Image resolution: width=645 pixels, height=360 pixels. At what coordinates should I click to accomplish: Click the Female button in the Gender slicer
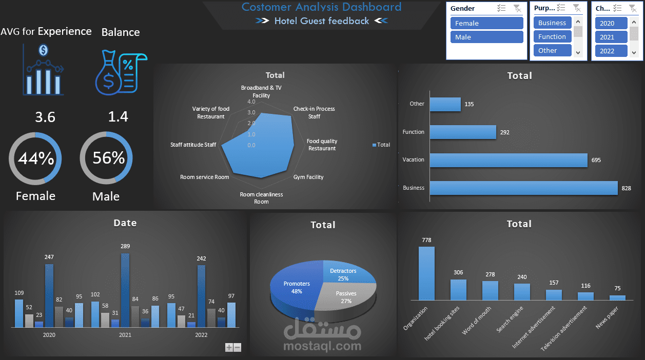[486, 23]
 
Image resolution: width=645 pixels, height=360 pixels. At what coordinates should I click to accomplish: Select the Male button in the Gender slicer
[486, 37]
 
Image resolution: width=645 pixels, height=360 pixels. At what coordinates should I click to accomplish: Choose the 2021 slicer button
[611, 37]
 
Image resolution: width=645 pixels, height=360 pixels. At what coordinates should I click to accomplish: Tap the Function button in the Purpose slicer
[552, 36]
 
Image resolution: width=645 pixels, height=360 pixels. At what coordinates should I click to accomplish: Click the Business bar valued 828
[523, 188]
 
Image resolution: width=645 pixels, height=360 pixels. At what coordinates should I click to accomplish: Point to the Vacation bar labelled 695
[508, 160]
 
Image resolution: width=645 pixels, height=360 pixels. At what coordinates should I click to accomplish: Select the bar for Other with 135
[445, 104]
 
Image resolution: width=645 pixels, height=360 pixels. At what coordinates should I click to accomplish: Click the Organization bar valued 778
[426, 273]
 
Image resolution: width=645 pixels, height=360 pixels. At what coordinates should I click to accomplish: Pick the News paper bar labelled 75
[617, 297]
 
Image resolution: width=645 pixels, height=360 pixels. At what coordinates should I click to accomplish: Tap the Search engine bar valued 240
[522, 291]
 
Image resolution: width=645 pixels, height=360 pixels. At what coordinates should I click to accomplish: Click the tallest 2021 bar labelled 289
[125, 290]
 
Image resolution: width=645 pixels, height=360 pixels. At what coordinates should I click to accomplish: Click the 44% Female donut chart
[35, 158]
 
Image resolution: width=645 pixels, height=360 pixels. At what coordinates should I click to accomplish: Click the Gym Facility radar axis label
[308, 177]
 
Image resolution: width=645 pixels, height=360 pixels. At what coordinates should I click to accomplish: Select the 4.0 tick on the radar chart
[251, 102]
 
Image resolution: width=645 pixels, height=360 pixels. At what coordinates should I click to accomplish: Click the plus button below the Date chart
[229, 347]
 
